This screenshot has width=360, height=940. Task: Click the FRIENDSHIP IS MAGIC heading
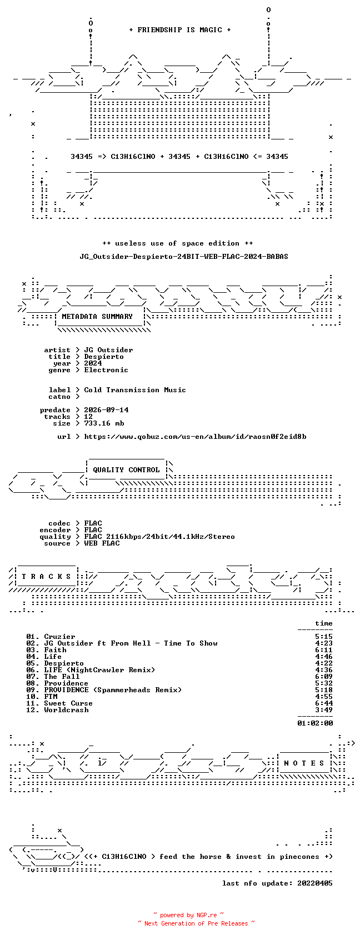tap(180, 30)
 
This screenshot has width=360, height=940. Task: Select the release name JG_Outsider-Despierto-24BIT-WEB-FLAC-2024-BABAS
tap(184, 257)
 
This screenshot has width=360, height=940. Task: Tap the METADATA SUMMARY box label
tap(97, 317)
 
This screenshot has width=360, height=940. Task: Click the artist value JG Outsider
tap(108, 350)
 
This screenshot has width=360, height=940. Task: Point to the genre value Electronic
tap(106, 370)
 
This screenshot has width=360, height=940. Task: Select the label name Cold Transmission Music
tap(134, 390)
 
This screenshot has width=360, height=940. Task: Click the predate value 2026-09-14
tap(106, 410)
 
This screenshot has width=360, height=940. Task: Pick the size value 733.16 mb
tap(104, 423)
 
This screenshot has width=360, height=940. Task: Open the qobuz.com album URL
tap(195, 437)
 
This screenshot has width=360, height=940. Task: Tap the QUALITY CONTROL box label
tap(126, 470)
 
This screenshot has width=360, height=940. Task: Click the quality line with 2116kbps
tap(159, 537)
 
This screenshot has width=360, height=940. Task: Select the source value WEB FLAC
tap(102, 543)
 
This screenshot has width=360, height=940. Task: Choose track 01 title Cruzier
tap(59, 637)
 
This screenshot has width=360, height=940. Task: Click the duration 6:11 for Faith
tap(324, 650)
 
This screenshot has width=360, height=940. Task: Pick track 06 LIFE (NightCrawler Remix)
tap(99, 670)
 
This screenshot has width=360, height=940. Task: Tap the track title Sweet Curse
tap(68, 703)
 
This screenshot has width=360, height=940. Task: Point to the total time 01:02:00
tap(315, 723)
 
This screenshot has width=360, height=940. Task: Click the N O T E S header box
tap(304, 763)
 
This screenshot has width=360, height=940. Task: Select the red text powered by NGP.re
tap(188, 915)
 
